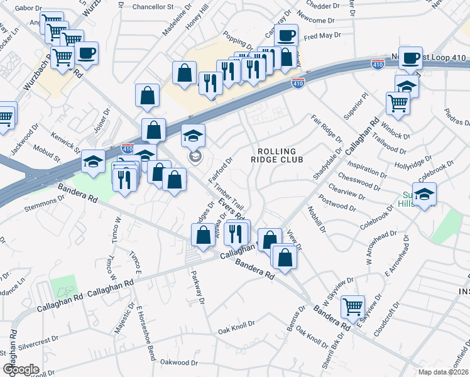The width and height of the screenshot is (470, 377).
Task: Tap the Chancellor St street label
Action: (153, 7)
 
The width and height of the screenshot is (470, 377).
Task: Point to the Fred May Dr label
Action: (321, 36)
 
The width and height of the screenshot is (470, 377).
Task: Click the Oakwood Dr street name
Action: (179, 363)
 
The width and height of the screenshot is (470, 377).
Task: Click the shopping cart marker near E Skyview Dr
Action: (353, 307)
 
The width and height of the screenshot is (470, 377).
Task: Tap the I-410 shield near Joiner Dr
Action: (127, 147)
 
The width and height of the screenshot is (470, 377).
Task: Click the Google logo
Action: (21, 369)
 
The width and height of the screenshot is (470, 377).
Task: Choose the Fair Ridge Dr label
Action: (326, 128)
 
